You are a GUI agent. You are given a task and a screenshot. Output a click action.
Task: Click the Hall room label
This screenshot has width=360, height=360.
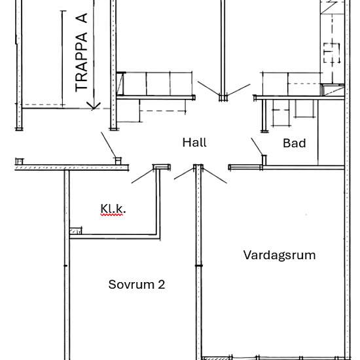[x=194, y=142]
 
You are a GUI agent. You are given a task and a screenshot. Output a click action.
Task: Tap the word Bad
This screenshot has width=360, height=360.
[x=294, y=143]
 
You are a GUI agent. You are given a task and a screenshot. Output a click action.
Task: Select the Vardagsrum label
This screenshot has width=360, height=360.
[x=279, y=255]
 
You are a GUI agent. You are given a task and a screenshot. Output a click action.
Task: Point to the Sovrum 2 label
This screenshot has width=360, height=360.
[x=136, y=285]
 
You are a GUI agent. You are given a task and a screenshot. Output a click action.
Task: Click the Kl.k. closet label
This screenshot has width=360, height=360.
[x=113, y=209]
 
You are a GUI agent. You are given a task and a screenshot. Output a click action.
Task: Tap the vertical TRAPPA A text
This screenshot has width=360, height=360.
[x=82, y=52]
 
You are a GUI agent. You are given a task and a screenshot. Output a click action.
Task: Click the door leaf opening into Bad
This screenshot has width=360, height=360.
[x=257, y=148]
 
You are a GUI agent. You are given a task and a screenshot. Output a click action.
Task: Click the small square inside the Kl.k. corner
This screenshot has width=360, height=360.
[x=77, y=230]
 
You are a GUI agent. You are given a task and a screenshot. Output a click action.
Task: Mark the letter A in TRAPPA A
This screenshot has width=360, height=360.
[x=82, y=19]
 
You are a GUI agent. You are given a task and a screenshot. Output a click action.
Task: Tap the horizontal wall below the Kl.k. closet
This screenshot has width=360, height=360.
[x=115, y=236]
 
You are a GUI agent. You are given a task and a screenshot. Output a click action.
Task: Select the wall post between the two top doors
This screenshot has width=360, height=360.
[x=224, y=97]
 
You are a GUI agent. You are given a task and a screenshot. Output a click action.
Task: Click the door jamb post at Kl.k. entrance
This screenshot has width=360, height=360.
[x=158, y=168]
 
